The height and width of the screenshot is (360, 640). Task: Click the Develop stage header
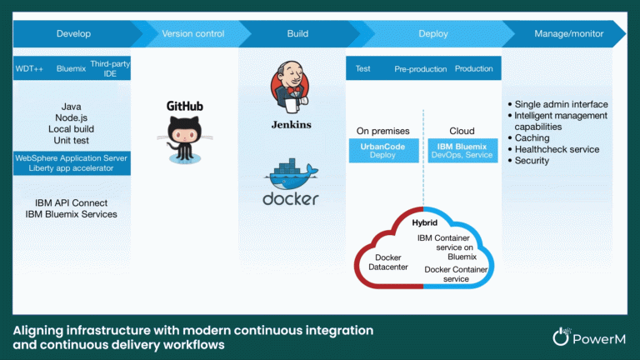tap(73, 34)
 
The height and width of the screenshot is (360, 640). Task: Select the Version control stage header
tap(193, 34)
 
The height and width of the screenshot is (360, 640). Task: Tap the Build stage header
tap(297, 34)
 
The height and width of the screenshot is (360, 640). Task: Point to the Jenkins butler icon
tap(291, 92)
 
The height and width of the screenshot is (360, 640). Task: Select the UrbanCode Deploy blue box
tap(371, 150)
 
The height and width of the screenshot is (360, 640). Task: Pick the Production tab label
tap(473, 69)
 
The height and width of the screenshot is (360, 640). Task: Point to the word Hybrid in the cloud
tap(425, 223)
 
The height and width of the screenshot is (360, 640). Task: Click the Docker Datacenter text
tap(388, 262)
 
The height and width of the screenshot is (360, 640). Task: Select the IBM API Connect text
tap(72, 202)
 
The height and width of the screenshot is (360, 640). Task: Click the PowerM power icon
tap(561, 336)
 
